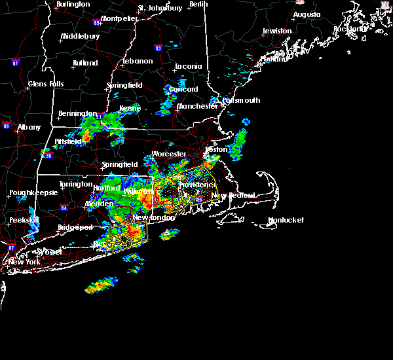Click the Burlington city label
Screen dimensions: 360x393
[x=73, y=5]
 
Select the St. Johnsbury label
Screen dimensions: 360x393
[x=160, y=9]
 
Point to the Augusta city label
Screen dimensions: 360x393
[x=307, y=14]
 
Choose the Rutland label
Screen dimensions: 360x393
[x=85, y=63]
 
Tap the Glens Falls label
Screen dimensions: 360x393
[x=46, y=84]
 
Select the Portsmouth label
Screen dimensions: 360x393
[x=241, y=101]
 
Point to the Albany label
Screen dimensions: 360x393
[x=29, y=128]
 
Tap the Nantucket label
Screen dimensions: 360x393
[x=286, y=221]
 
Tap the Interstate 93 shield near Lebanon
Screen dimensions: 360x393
[x=157, y=47]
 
